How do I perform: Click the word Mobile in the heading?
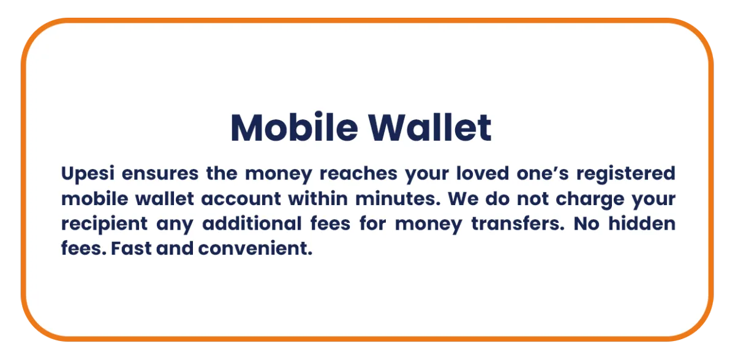[x=295, y=127]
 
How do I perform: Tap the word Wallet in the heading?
[x=429, y=127]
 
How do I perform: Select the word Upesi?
[x=88, y=174]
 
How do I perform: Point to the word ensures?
[x=160, y=174]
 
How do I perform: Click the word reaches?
[x=358, y=173]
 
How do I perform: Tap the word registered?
[x=626, y=174]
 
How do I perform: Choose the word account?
[x=241, y=199]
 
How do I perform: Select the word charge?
[x=590, y=200]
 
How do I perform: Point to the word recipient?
[x=104, y=224]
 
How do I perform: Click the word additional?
[x=252, y=223]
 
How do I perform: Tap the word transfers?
[x=518, y=223]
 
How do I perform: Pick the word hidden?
[x=642, y=223]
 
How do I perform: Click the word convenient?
[x=255, y=248]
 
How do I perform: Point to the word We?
[x=463, y=199]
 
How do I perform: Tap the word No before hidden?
[x=586, y=223]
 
